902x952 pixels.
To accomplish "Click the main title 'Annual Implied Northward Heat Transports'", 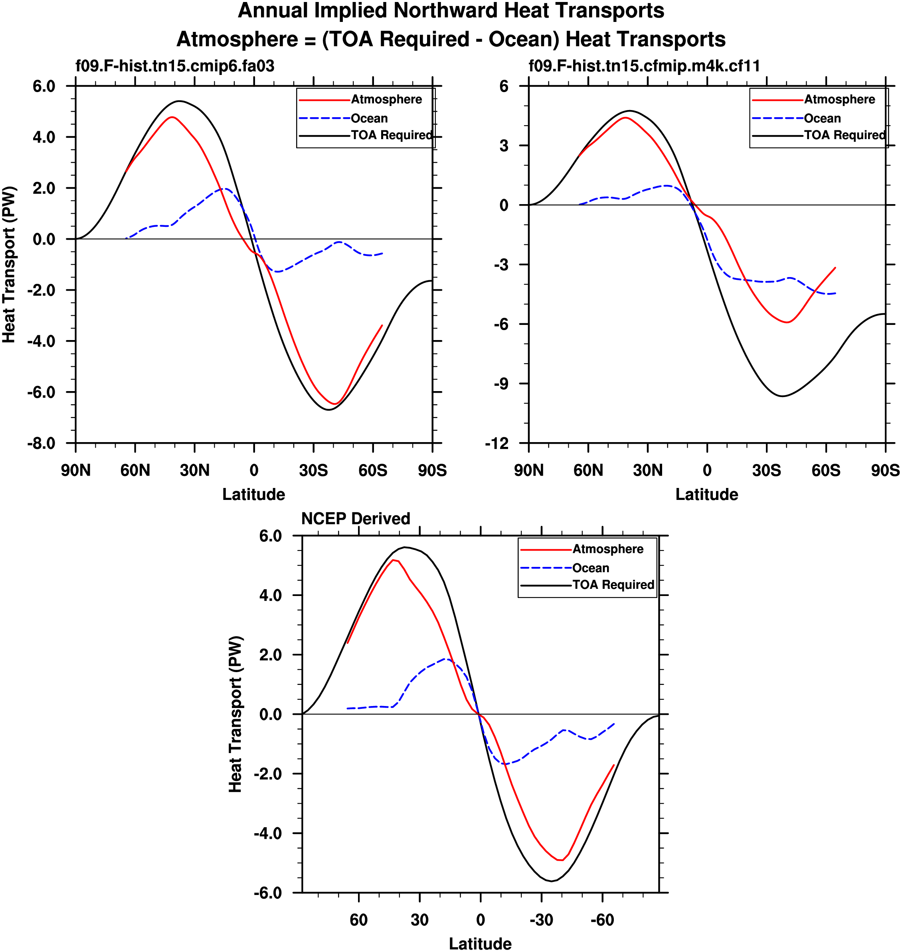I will click(451, 11).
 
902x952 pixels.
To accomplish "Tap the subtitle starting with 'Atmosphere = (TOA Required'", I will click(451, 39).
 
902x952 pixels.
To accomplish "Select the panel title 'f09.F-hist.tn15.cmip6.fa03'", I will click(175, 66).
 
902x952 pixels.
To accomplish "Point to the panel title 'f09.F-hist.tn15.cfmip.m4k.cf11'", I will click(644, 66).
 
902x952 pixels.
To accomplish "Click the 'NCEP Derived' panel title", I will click(355, 519).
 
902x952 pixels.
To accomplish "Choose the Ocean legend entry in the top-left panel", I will click(369, 118).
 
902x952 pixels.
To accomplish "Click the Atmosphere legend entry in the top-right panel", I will click(839, 99).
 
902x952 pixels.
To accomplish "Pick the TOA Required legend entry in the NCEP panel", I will click(613, 584).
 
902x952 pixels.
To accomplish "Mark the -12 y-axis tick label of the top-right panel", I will click(496, 443).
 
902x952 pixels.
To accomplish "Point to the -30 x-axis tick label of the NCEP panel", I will click(541, 920).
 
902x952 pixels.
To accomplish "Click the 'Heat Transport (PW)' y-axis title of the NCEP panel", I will click(235, 714).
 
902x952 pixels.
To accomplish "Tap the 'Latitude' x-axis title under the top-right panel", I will click(706, 495).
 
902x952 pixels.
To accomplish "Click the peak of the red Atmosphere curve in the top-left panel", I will click(172, 117).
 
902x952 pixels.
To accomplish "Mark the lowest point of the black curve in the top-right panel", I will click(782, 396).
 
